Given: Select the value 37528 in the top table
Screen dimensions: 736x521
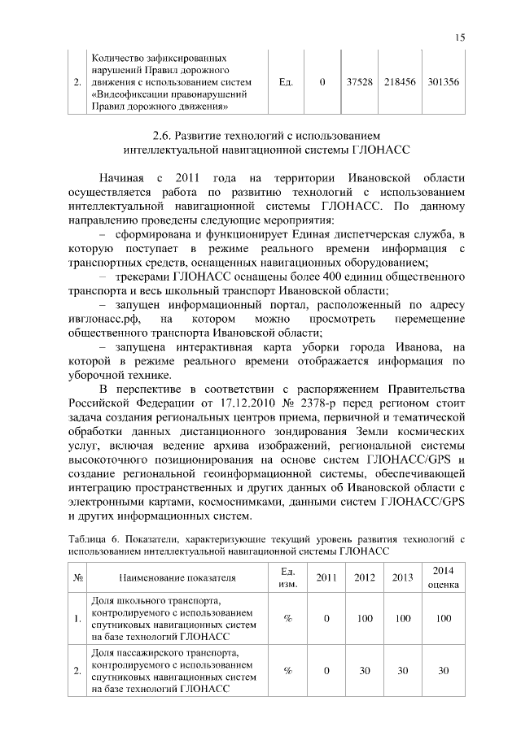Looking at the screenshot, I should click(360, 82).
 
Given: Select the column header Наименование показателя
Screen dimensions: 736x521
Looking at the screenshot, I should click(177, 578).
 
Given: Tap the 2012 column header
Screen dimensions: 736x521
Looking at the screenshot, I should click(365, 577).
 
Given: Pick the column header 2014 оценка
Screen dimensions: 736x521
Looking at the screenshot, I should click(443, 577).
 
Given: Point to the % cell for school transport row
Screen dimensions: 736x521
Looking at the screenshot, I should click(287, 619).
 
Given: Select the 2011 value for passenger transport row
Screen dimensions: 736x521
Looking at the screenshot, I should click(326, 671).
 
